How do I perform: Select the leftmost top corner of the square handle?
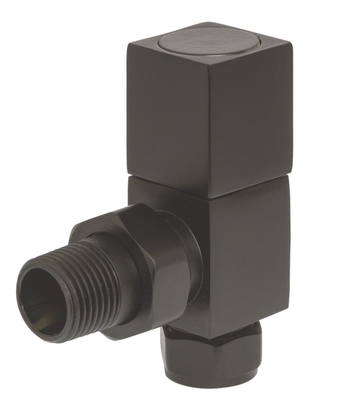(x=127, y=43)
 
